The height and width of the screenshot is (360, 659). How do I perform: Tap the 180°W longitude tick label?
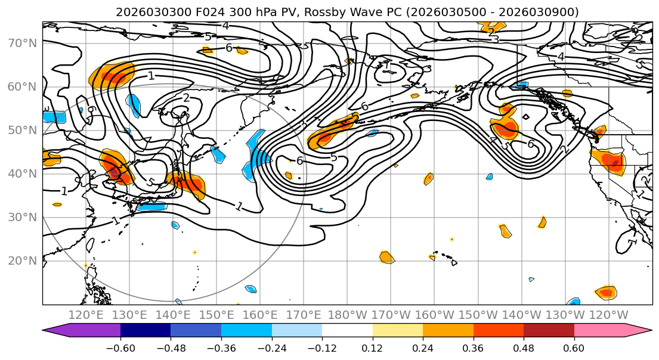point(347,315)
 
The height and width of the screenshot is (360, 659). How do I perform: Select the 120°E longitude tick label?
point(86,315)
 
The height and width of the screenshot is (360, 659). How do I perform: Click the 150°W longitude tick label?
point(478,315)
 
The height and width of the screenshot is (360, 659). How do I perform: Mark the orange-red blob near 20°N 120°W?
point(606,292)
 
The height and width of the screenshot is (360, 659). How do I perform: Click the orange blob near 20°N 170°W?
point(386,257)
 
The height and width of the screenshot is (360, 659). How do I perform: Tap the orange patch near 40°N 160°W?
point(428,178)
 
